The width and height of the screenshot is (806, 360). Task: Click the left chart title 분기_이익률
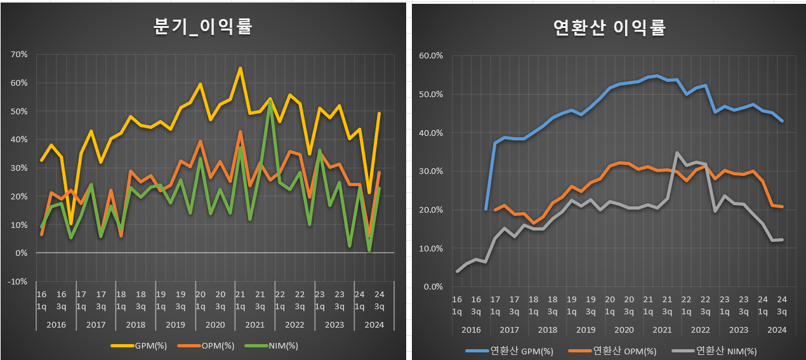pyautogui.click(x=202, y=27)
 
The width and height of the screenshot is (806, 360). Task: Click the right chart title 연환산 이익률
pyautogui.click(x=609, y=28)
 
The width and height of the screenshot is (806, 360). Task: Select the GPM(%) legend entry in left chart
pyautogui.click(x=138, y=346)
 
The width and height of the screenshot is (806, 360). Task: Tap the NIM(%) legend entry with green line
pyautogui.click(x=271, y=346)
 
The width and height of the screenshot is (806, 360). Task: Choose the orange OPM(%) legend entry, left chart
pyautogui.click(x=206, y=346)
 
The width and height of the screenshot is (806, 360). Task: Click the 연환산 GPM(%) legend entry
pyautogui.click(x=509, y=351)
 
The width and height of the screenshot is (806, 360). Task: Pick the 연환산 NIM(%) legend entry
pyautogui.click(x=714, y=351)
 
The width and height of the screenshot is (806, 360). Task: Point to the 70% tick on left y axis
pyautogui.click(x=19, y=55)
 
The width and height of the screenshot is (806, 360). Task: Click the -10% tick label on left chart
pyautogui.click(x=18, y=281)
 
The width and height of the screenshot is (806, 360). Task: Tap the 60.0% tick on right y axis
pyautogui.click(x=431, y=56)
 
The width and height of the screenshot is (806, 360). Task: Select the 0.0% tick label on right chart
pyautogui.click(x=433, y=287)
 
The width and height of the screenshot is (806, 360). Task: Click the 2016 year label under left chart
pyautogui.click(x=56, y=324)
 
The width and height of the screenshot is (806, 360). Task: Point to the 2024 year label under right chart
pyautogui.click(x=777, y=330)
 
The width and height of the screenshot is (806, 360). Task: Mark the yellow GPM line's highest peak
pyautogui.click(x=241, y=68)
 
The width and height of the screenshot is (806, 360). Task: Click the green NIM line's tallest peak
pyautogui.click(x=270, y=101)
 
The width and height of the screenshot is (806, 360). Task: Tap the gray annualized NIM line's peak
pyautogui.click(x=677, y=152)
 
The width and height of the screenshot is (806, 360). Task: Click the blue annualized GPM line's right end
pyautogui.click(x=782, y=121)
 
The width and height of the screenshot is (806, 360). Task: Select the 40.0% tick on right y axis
pyautogui.click(x=431, y=133)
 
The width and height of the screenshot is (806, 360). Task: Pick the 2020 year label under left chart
pyautogui.click(x=215, y=324)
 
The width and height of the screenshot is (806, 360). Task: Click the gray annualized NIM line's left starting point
pyautogui.click(x=458, y=271)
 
